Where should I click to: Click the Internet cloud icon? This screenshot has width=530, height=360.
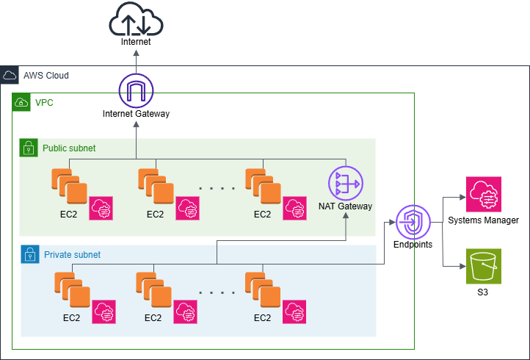[136, 19]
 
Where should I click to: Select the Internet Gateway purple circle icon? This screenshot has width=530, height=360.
[136, 90]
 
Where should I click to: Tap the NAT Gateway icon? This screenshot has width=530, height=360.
[345, 183]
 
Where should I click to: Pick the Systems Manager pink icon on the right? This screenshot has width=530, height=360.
[483, 195]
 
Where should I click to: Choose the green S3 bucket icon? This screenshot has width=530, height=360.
[483, 265]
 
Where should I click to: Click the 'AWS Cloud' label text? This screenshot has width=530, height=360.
[46, 75]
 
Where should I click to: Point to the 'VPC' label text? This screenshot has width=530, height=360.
[44, 102]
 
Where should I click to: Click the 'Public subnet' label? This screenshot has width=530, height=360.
[69, 148]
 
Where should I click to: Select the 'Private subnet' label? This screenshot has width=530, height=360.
[71, 255]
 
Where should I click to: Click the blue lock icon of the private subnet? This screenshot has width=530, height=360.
[29, 255]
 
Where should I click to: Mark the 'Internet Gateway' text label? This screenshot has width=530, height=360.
[136, 114]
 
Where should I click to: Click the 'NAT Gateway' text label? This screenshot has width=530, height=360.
[345, 206]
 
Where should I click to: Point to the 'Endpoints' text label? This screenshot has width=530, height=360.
[413, 245]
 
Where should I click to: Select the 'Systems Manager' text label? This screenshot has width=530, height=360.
[483, 220]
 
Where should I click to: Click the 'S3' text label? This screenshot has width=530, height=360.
[483, 292]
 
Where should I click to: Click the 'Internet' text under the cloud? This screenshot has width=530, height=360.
[136, 42]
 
